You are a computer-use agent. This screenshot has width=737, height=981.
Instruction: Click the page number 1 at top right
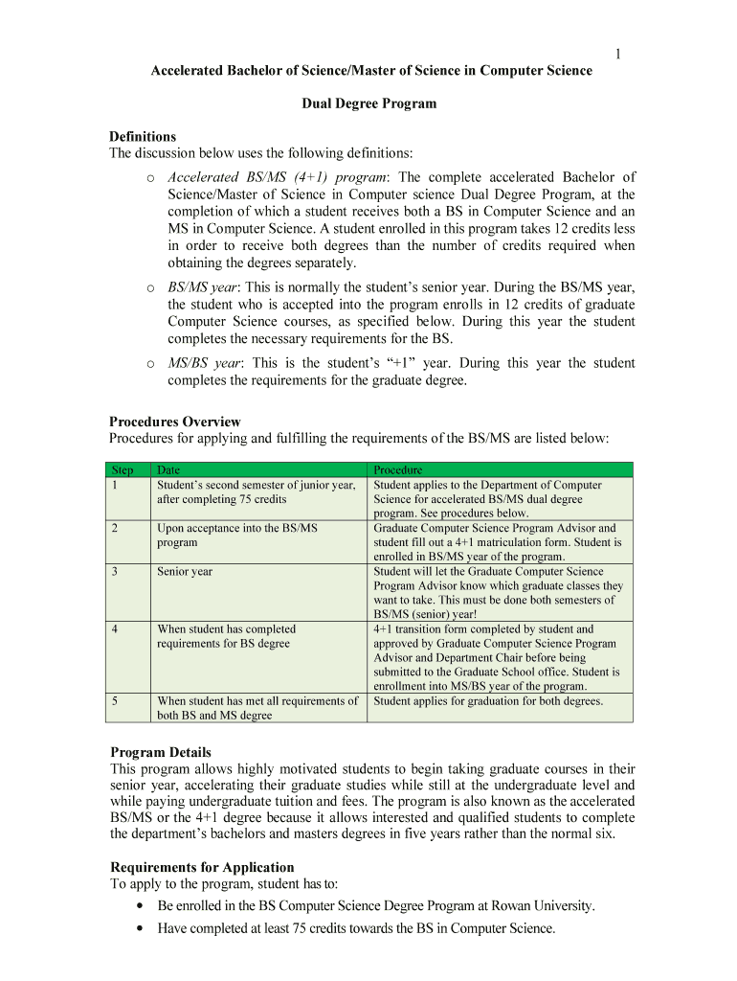[618, 54]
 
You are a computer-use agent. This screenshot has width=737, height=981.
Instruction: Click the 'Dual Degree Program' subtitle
[369, 103]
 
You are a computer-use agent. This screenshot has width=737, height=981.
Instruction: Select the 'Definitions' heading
[143, 137]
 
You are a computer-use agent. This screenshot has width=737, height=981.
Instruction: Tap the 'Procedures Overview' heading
[175, 422]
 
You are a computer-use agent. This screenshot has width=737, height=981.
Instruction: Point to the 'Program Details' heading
[161, 752]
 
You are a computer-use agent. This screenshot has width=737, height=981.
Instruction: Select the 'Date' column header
[168, 470]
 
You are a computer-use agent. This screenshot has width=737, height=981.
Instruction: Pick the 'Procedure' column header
[398, 470]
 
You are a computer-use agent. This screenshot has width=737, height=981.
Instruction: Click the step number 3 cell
[115, 571]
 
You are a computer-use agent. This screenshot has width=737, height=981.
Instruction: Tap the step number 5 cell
[115, 700]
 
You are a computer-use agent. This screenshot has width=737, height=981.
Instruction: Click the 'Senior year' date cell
[185, 571]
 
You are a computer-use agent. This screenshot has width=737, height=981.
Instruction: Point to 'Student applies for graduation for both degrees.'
[488, 700]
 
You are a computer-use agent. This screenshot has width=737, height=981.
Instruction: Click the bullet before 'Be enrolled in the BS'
[142, 905]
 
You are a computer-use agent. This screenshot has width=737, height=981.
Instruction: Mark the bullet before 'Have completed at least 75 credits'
[142, 928]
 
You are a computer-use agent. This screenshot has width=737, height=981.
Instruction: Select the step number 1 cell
[115, 485]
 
